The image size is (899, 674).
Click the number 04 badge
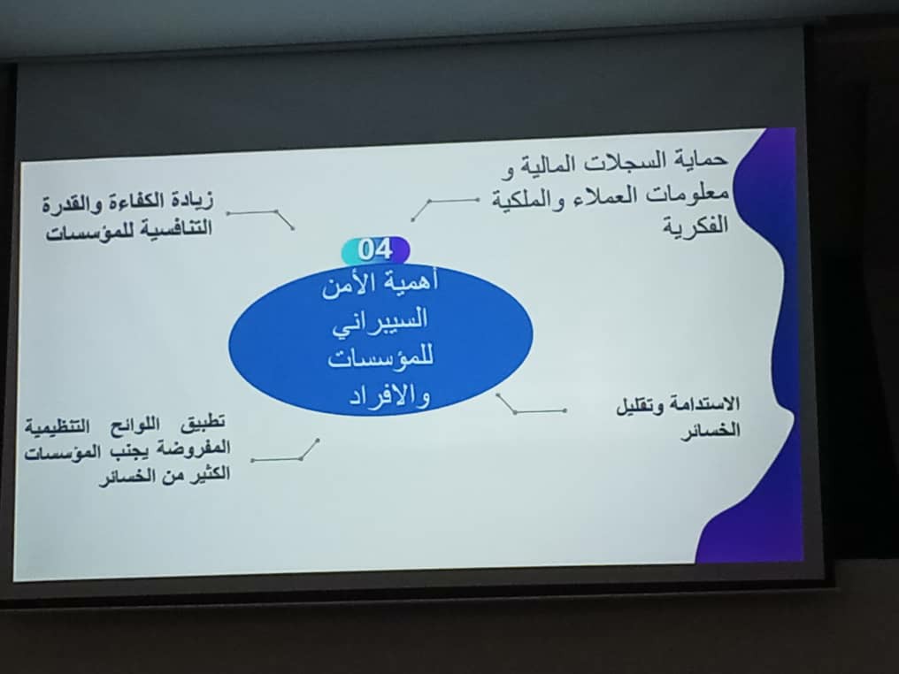point(375,250)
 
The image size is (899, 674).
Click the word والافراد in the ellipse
point(390,396)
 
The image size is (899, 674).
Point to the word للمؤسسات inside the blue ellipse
point(380,357)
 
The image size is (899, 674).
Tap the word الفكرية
point(696,225)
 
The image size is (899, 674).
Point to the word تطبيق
point(203,423)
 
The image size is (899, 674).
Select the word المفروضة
point(194,448)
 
